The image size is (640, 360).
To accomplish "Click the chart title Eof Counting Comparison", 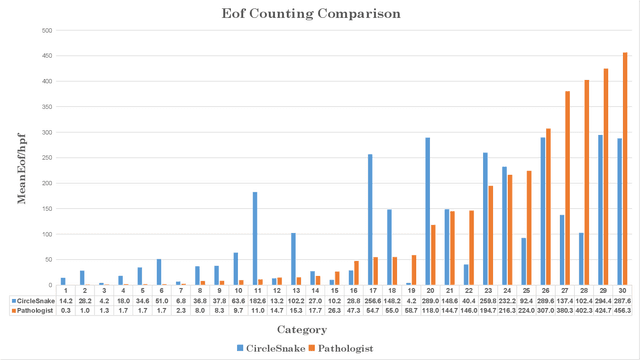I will click(319, 14).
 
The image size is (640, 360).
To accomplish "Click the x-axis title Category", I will click(319, 328).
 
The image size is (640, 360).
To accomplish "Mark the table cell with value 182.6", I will click(257, 300).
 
